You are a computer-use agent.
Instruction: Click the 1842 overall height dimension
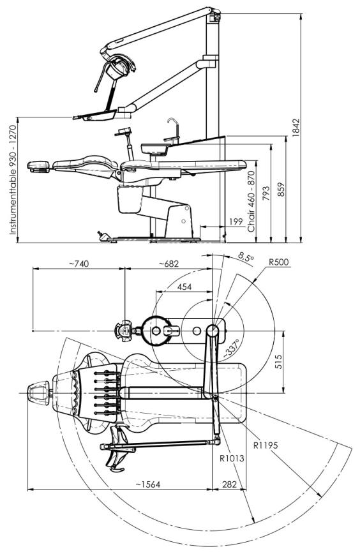coord(296,127)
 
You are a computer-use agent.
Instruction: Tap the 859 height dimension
coord(281,190)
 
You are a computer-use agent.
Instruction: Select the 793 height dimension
coord(266,193)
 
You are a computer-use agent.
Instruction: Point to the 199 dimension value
coord(236,221)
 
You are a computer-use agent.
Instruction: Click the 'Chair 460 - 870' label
coord(251,202)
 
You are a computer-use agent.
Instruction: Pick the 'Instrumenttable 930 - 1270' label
coord(13,179)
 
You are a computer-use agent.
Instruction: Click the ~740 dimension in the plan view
coord(79,264)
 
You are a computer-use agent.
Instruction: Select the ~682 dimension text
coord(169,264)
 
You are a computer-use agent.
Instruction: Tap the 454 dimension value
coord(184,287)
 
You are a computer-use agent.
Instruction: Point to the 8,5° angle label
coord(246,257)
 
